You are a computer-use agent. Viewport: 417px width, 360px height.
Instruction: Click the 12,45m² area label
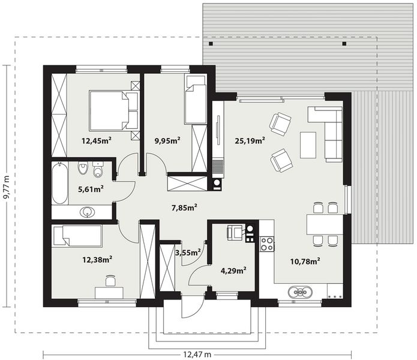point(98,142)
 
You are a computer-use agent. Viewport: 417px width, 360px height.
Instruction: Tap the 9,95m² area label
point(167,141)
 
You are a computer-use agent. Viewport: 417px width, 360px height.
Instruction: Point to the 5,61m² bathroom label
point(91,189)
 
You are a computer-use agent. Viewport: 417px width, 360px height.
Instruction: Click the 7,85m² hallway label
point(184,208)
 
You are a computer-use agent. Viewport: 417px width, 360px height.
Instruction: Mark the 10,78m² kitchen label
point(305,260)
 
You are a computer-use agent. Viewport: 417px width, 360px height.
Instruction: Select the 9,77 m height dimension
point(7,187)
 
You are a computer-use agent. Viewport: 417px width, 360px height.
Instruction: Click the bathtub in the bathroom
point(59,182)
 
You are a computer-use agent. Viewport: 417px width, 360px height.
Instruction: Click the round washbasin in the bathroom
point(88,211)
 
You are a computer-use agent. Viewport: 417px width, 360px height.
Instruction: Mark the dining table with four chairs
point(324,224)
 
